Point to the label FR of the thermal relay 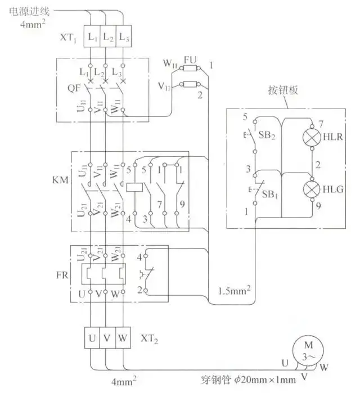[57, 276]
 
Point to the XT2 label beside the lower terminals [148, 338]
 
